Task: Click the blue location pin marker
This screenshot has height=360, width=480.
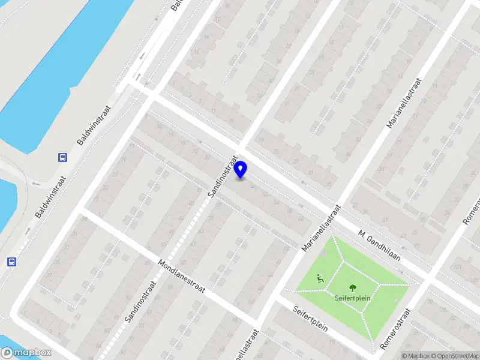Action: click(x=241, y=170)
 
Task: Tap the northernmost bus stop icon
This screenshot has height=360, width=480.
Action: click(x=62, y=158)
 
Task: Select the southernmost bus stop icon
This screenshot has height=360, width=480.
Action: click(x=11, y=261)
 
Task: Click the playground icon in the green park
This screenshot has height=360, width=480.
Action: click(x=320, y=278)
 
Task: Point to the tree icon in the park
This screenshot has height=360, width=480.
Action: click(x=352, y=288)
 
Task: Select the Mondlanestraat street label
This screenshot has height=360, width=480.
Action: click(x=182, y=276)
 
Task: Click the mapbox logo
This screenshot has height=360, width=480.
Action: click(x=25, y=352)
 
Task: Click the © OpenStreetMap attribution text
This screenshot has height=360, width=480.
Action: click(x=458, y=356)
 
